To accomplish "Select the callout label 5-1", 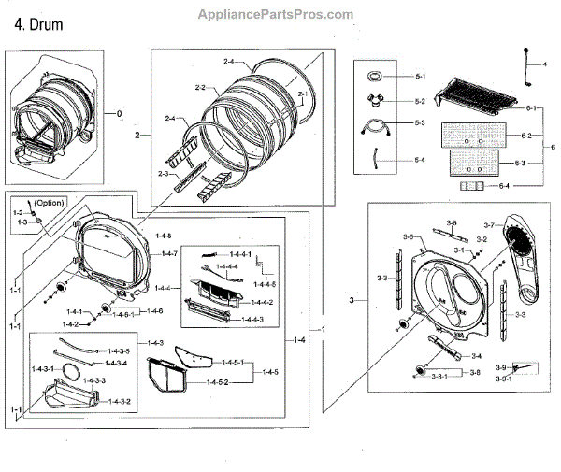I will tap(420, 76).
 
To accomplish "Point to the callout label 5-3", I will tap(420, 123).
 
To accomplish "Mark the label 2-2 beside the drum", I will tap(199, 87).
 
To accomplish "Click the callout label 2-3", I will tap(162, 174).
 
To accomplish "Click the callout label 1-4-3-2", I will tap(118, 401).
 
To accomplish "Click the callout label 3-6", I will tap(408, 238).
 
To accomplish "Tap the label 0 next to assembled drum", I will tap(119, 113).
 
